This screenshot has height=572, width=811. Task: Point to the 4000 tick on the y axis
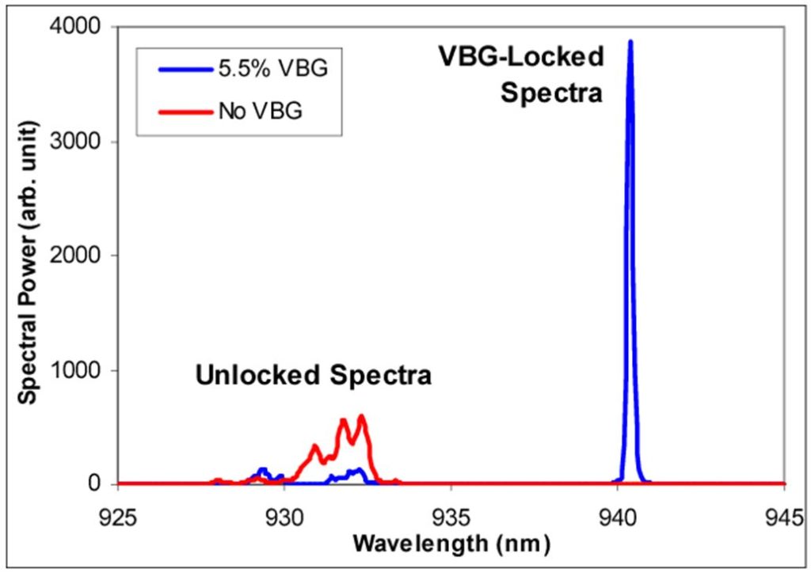tap(82, 28)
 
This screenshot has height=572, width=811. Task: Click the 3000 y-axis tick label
tap(82, 142)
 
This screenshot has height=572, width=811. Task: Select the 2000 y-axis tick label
tap(82, 256)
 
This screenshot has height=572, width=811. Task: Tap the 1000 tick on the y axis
tap(82, 370)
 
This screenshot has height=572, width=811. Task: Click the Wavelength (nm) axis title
tap(451, 544)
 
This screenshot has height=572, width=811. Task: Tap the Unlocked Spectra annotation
tap(314, 374)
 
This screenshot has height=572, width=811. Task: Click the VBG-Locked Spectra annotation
tap(521, 74)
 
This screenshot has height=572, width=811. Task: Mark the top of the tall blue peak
tap(630, 41)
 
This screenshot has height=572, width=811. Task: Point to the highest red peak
tap(361, 416)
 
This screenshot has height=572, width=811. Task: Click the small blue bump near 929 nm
tap(263, 470)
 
